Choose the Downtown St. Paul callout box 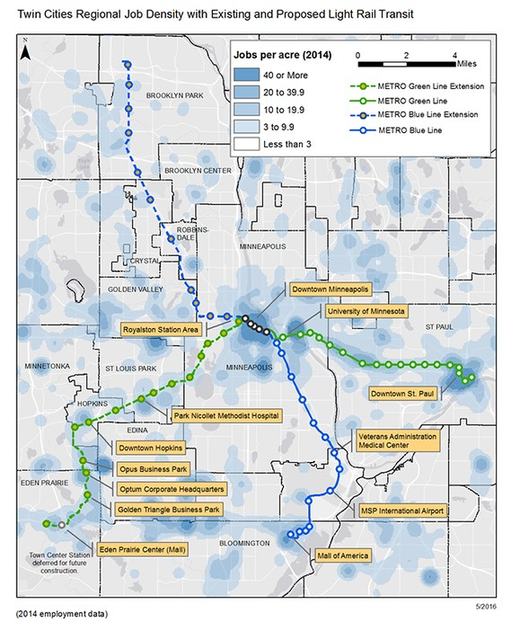pyautogui.click(x=407, y=393)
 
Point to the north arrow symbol pyautogui.click(x=28, y=51)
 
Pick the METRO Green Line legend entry pyautogui.click(x=432, y=101)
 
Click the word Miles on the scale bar pyautogui.click(x=468, y=65)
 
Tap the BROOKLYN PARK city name pyautogui.click(x=176, y=95)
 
